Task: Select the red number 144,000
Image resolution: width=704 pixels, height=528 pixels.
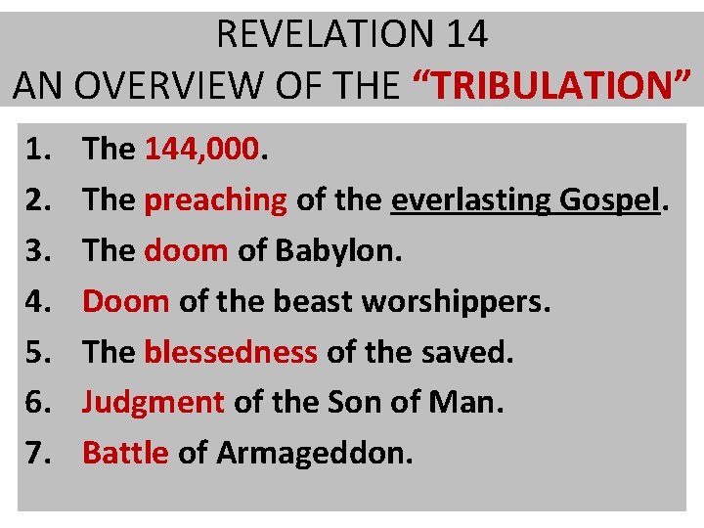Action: [x=202, y=149]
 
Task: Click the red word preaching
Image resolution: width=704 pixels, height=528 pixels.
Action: [x=215, y=199]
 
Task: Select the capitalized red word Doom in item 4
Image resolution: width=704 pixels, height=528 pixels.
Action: [x=125, y=301]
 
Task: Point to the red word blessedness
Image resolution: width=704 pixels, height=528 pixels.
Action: [x=231, y=352]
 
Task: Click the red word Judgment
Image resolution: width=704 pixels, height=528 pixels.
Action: [x=154, y=402]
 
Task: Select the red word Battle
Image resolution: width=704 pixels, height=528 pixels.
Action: [x=125, y=453]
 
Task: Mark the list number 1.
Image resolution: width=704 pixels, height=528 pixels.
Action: [x=39, y=149]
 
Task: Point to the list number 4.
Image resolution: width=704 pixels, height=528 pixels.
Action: [x=39, y=301]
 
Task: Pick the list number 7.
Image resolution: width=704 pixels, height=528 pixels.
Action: [x=39, y=453]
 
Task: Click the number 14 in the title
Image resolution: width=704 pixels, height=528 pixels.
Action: [x=465, y=34]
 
